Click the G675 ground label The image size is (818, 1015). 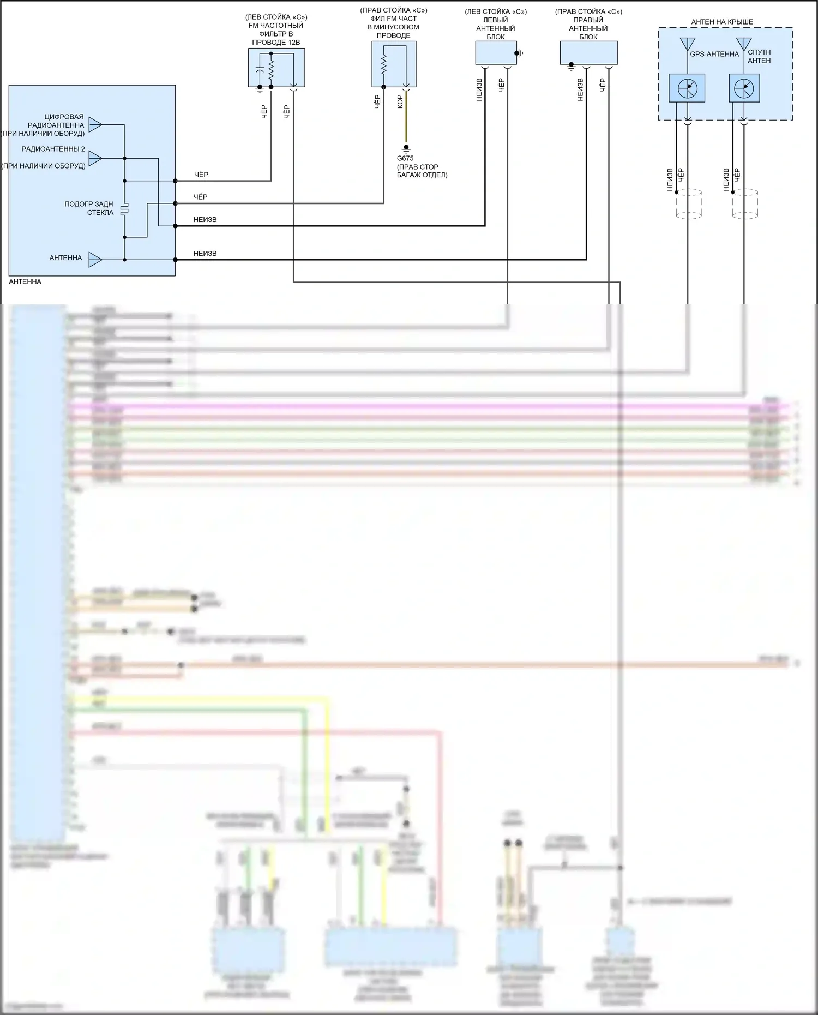405,158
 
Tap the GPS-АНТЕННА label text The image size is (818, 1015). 714,54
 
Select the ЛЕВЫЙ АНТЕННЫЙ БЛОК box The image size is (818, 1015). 496,53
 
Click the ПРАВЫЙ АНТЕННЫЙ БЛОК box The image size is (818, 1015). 588,53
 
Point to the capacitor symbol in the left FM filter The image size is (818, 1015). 260,69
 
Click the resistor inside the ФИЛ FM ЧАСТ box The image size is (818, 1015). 383,65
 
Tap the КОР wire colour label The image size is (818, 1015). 400,101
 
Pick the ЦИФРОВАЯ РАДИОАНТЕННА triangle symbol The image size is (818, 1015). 95,125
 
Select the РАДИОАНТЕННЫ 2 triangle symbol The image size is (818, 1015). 95,158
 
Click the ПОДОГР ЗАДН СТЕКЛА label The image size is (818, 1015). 89,208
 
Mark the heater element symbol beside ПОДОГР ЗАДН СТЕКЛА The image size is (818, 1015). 124,209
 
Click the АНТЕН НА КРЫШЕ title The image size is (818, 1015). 722,22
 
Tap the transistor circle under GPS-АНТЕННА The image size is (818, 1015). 687,88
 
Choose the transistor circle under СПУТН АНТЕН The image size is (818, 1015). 744,88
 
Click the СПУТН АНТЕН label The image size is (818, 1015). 759,56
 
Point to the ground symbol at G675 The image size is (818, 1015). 406,148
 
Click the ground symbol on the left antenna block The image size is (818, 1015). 521,53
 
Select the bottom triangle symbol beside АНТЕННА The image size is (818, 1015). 95,260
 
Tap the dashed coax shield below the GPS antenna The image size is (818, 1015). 689,204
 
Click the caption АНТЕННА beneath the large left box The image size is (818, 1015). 25,281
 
